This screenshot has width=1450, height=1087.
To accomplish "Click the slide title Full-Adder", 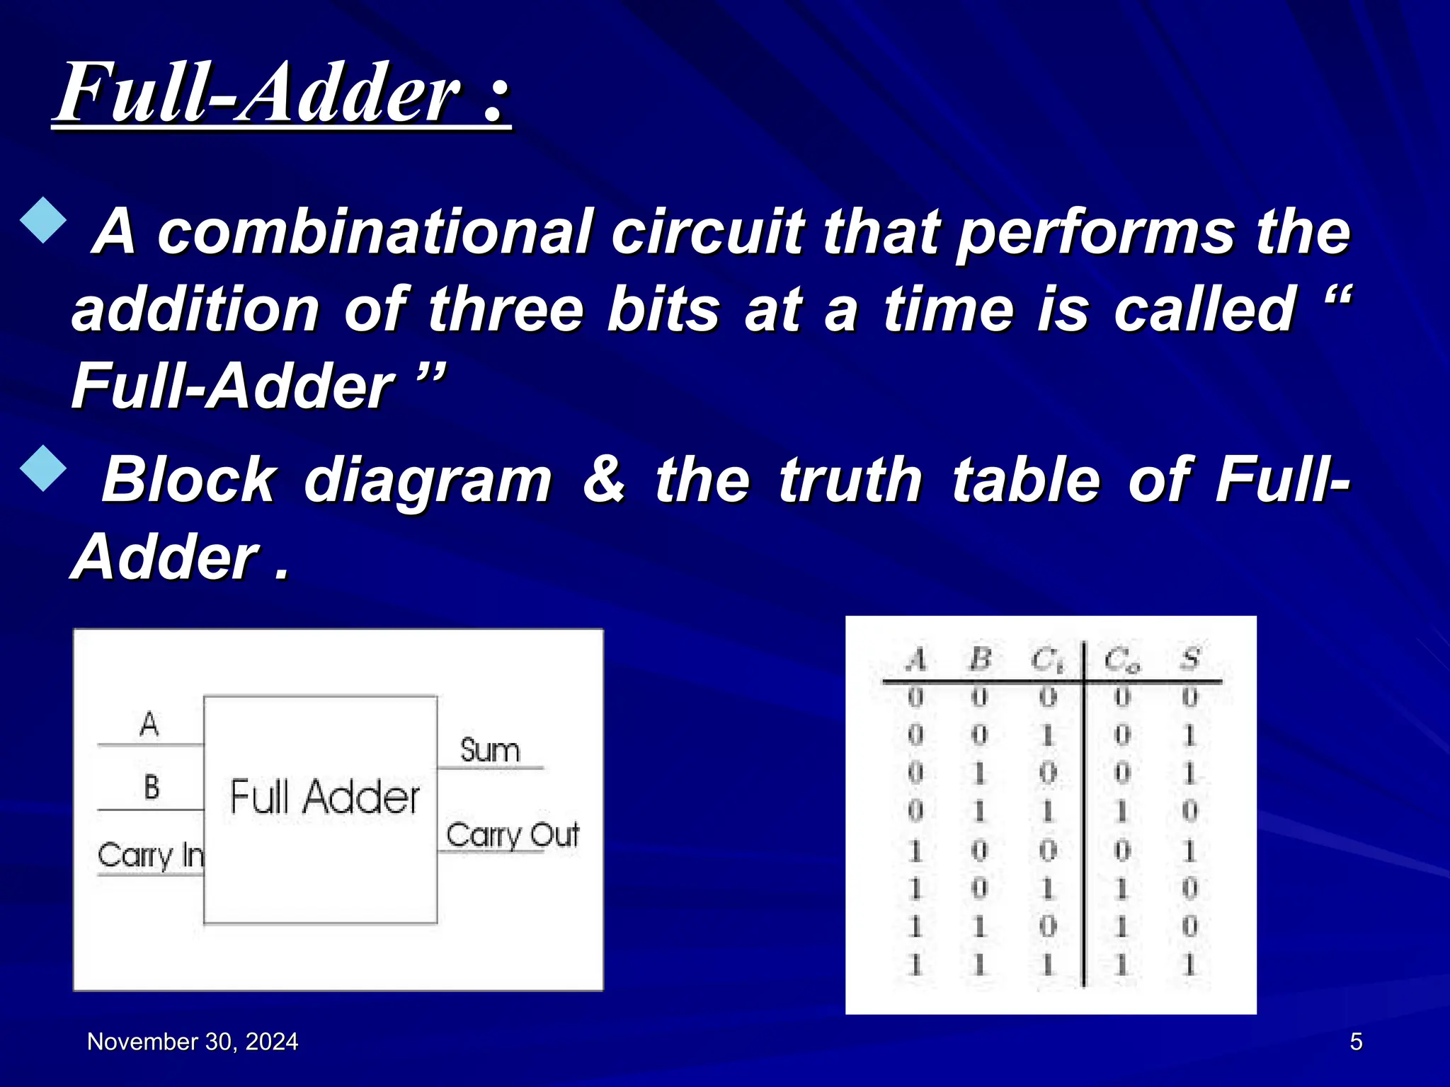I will click(x=282, y=93).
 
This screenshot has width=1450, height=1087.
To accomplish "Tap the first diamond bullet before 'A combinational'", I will click(x=44, y=220).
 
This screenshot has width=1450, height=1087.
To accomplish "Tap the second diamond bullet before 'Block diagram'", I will click(x=44, y=468).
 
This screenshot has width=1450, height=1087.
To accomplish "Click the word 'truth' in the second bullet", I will click(x=850, y=481).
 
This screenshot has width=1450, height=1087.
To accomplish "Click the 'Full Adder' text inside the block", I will click(x=325, y=797).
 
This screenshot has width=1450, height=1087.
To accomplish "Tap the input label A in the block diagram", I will click(x=149, y=724).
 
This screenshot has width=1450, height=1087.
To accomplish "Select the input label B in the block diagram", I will click(x=152, y=787).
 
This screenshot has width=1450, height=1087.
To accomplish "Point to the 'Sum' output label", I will click(x=490, y=750).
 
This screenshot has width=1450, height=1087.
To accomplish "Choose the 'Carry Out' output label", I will click(x=513, y=835).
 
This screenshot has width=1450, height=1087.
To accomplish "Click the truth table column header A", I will click(x=915, y=660).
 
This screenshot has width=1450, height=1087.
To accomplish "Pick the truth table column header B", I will click(x=979, y=660).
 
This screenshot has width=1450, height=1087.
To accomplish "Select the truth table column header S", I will click(x=1190, y=660).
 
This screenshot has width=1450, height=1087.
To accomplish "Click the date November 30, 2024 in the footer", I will click(x=193, y=1042).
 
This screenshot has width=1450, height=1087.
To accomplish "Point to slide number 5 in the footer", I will click(x=1356, y=1042).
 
